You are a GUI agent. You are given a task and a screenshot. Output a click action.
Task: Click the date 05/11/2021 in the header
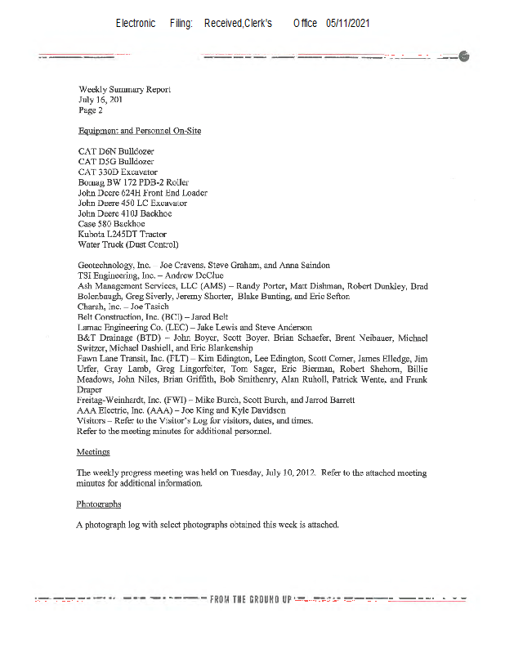pyautogui.click(x=347, y=24)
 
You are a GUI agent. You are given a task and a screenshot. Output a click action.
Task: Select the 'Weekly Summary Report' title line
pyautogui.click(x=124, y=88)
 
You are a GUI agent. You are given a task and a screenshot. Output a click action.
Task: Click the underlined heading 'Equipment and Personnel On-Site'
pyautogui.click(x=139, y=131)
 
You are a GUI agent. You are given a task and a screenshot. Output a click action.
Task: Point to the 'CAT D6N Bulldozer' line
pyautogui.click(x=115, y=152)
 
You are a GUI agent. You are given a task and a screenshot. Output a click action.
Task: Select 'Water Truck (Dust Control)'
pyautogui.click(x=127, y=244)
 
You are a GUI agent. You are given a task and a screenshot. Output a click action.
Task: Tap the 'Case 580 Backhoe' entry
pyautogui.click(x=111, y=224)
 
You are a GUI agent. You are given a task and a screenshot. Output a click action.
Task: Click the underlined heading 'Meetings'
pyautogui.click(x=93, y=452)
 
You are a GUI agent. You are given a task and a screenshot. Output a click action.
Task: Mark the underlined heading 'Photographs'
pyautogui.click(x=98, y=504)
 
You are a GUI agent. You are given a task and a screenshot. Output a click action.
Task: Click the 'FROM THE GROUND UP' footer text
pyautogui.click(x=251, y=600)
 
